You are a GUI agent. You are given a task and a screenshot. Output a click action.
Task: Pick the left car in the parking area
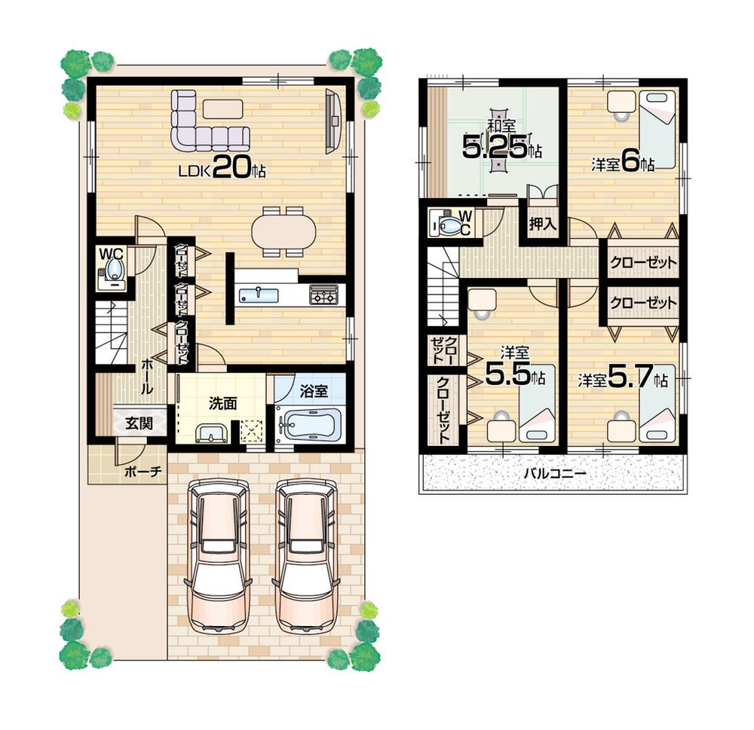[x=219, y=557]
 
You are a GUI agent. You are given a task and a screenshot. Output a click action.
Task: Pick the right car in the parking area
[x=305, y=557]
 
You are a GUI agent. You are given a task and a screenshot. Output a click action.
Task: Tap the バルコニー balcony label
[x=554, y=474]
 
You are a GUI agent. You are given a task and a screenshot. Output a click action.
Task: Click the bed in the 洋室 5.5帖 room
[x=537, y=404]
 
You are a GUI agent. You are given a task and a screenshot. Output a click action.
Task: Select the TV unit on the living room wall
[x=333, y=121]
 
